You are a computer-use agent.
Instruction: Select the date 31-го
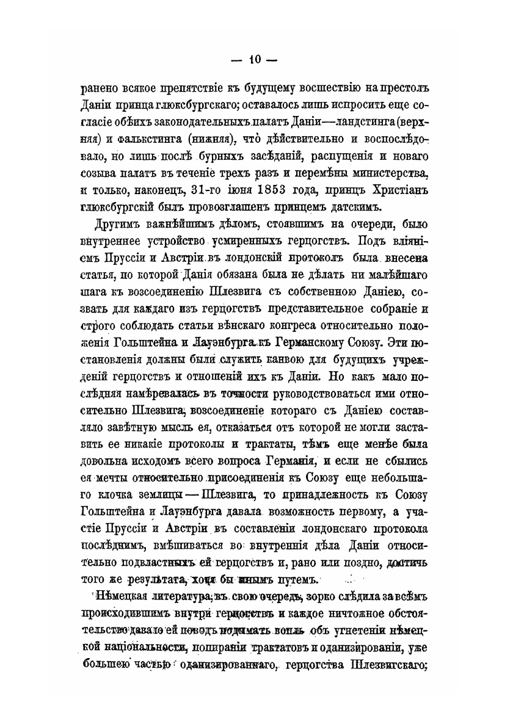(x=205, y=187)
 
